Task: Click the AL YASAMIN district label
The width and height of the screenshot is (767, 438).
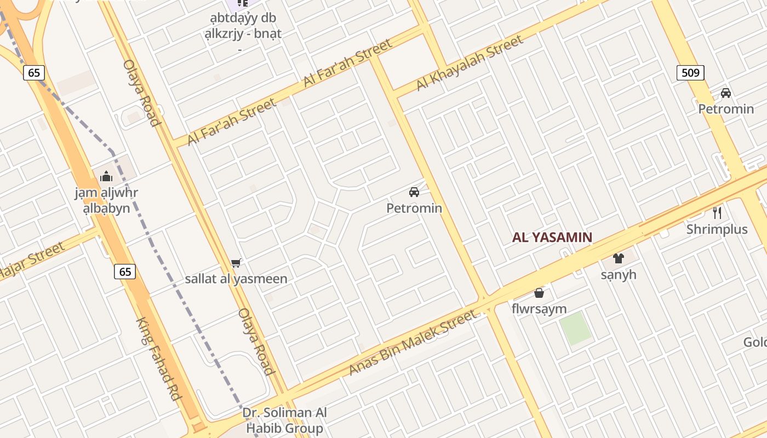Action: click(552, 238)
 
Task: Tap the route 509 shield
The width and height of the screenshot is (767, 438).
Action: click(690, 72)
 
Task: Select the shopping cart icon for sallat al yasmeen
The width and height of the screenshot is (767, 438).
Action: click(236, 263)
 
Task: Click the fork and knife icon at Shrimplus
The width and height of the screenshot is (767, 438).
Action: click(717, 212)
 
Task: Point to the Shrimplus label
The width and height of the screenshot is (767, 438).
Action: click(717, 229)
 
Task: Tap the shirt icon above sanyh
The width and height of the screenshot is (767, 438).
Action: click(619, 258)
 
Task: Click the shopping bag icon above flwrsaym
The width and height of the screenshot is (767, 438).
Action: click(539, 293)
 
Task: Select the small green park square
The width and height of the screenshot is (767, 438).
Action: click(575, 328)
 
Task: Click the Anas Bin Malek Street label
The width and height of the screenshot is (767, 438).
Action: click(413, 343)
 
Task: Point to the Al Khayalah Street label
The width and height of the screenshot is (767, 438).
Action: click(470, 63)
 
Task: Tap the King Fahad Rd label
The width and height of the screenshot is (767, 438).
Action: click(158, 359)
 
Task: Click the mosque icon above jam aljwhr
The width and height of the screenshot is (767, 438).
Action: click(106, 176)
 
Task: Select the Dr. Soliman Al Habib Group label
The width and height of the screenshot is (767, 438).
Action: click(284, 420)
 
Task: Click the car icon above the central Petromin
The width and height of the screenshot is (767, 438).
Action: click(414, 192)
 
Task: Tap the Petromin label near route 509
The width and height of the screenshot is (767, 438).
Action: click(726, 109)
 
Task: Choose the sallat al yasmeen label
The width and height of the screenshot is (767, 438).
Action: click(236, 279)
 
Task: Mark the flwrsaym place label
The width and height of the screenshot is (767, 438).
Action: click(539, 309)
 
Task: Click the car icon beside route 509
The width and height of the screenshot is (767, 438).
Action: click(726, 93)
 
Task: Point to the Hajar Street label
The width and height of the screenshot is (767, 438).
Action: click(31, 261)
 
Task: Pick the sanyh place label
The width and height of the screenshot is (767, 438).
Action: click(619, 274)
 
